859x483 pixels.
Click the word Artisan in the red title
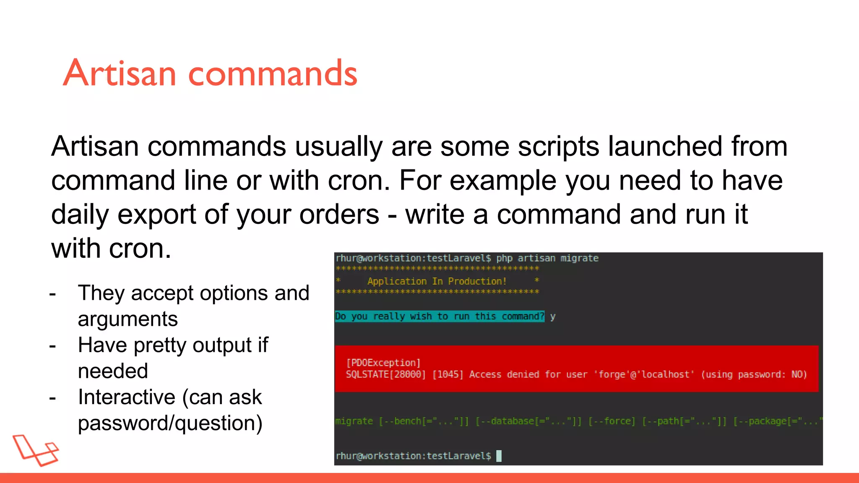[120, 73]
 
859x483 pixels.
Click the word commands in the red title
[273, 74]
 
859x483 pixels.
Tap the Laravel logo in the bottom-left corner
[36, 450]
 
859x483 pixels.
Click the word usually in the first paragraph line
[338, 147]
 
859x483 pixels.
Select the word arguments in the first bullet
[128, 319]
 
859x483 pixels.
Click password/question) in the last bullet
[170, 423]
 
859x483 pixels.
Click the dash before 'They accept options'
[52, 294]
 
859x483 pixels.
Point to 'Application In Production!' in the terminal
[437, 281]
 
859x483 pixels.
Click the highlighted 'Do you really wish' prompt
[439, 316]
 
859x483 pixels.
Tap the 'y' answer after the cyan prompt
[552, 317]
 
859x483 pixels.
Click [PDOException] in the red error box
[383, 363]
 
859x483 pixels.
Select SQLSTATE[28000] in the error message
[385, 374]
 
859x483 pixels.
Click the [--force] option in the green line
[612, 421]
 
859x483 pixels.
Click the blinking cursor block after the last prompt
[499, 456]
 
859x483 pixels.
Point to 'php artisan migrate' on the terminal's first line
[547, 258]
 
